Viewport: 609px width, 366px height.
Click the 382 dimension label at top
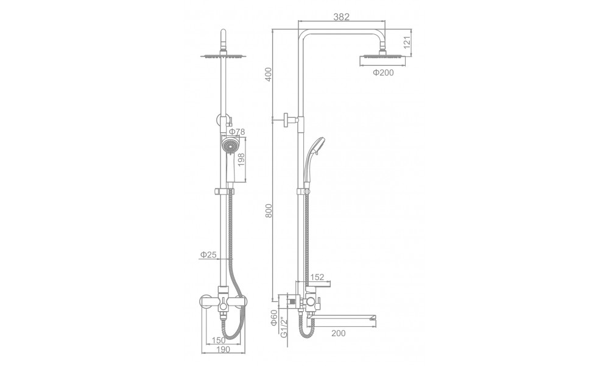(342, 16)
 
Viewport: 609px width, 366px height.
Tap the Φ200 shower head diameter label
(383, 73)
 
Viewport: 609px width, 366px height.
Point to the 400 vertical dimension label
(269, 74)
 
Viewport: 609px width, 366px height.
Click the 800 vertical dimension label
(269, 210)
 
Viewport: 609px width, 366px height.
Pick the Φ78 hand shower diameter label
(237, 132)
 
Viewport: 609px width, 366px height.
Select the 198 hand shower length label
(241, 160)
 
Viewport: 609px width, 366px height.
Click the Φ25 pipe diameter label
(208, 255)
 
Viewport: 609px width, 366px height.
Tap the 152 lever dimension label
(317, 278)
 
